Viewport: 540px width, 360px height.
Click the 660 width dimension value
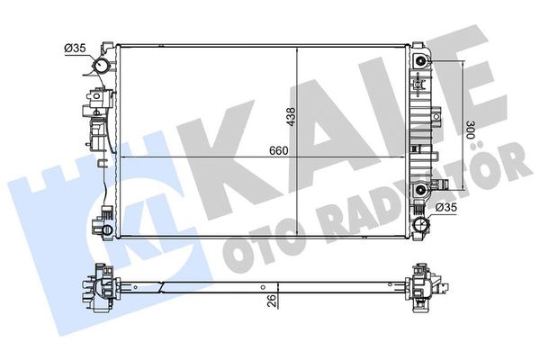(278, 150)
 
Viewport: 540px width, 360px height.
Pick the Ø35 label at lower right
(447, 208)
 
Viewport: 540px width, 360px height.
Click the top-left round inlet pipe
(105, 67)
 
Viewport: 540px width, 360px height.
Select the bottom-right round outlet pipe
(422, 220)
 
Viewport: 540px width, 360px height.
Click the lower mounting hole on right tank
(422, 190)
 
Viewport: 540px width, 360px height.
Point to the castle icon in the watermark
(49, 193)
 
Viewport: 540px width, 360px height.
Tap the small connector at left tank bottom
(106, 217)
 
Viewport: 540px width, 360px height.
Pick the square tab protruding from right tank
(435, 116)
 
